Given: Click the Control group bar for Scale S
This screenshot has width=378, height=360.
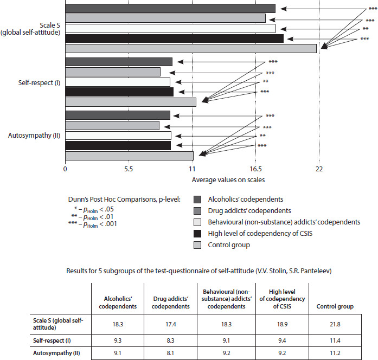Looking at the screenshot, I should point(190,48).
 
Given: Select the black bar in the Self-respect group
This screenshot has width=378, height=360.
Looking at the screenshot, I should point(119,92).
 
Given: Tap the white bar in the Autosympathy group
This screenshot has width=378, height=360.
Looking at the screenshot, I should point(118,136).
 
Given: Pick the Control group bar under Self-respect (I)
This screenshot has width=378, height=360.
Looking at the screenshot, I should point(131,102).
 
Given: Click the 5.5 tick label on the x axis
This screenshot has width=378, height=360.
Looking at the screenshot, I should point(129,169).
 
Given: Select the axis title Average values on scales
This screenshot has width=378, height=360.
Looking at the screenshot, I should point(228,179).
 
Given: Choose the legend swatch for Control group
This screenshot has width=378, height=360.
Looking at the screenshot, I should point(197,245).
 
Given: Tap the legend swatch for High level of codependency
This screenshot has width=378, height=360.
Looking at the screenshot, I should point(197,233).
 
